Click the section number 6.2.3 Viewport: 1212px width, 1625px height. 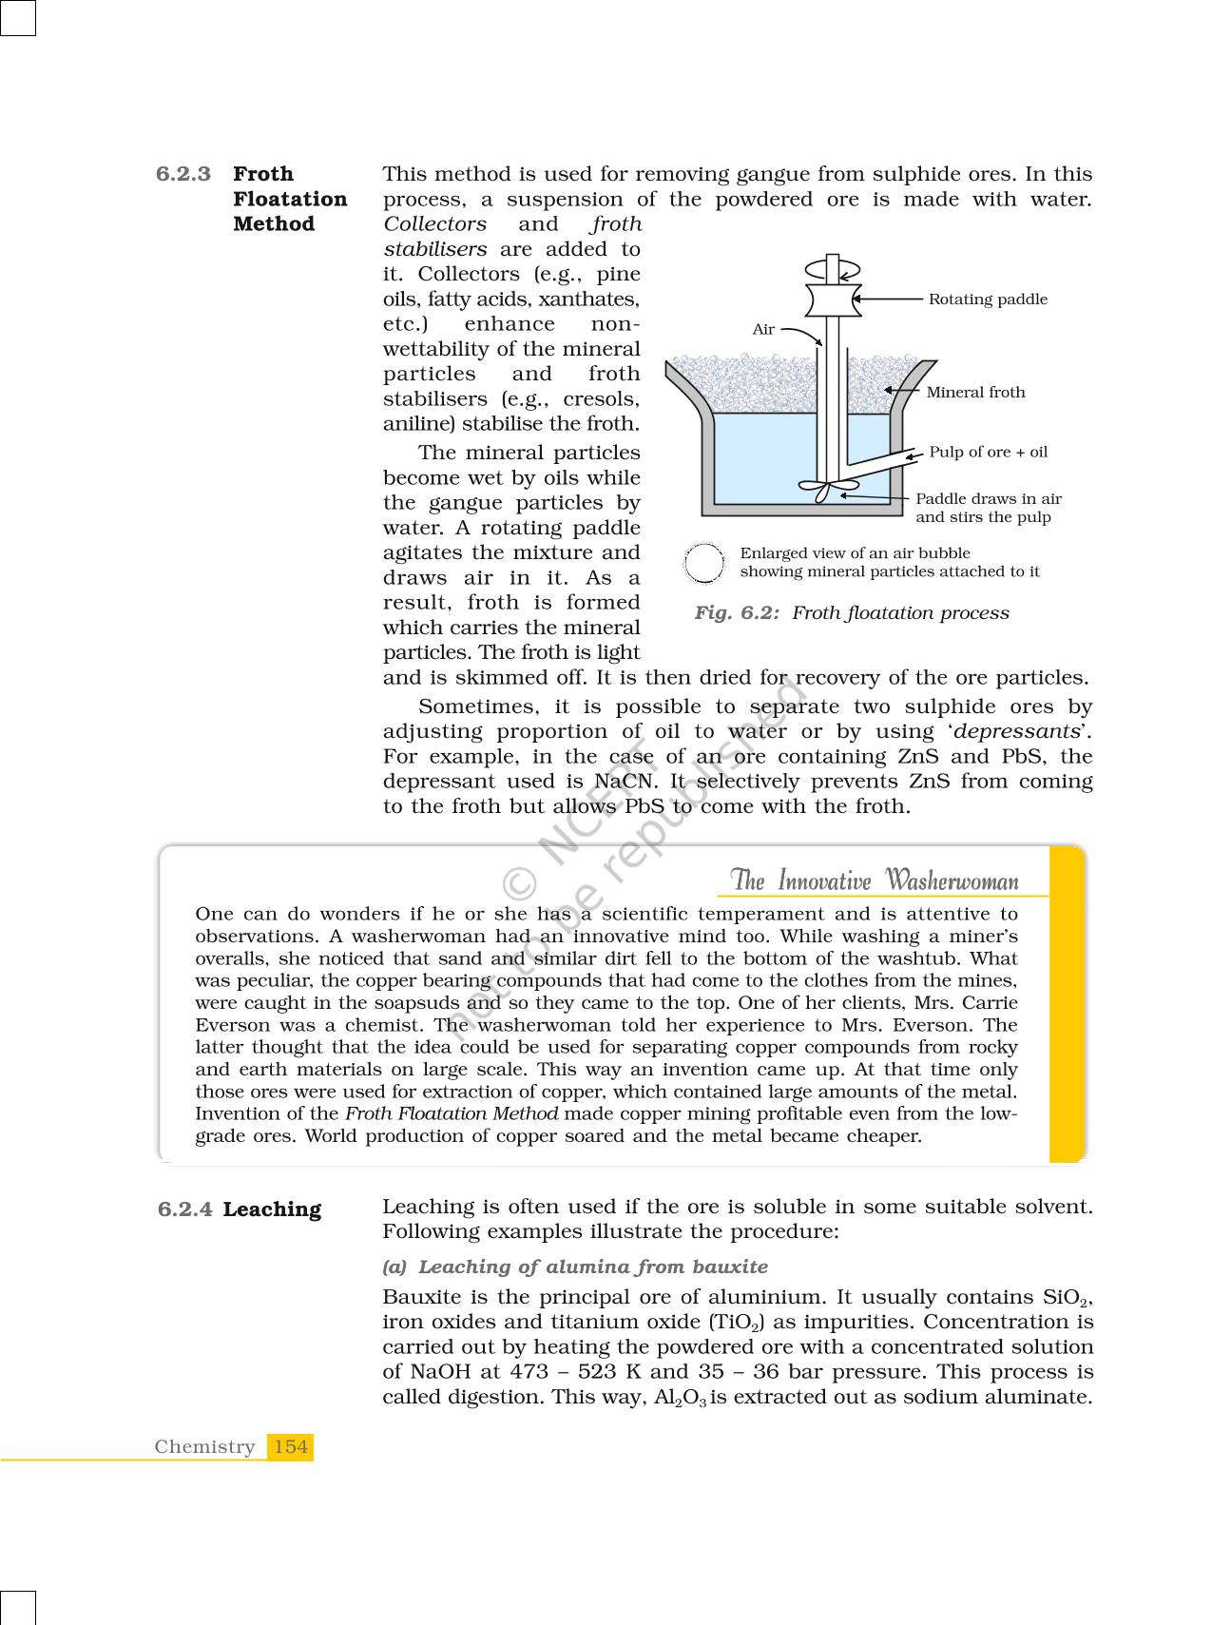tap(183, 174)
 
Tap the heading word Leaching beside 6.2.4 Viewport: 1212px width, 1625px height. tap(272, 1209)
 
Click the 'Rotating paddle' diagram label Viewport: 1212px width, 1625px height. tap(988, 300)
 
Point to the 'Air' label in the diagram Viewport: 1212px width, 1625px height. tap(763, 330)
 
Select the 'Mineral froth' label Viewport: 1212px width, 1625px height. tap(975, 393)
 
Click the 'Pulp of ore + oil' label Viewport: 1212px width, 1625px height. tap(988, 452)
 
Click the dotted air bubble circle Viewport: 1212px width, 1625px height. tap(703, 563)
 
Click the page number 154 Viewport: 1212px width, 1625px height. tap(290, 1447)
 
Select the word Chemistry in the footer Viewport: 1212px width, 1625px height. tap(204, 1447)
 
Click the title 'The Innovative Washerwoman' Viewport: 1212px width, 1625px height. tap(874, 880)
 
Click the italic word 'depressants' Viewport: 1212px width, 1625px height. tap(1017, 732)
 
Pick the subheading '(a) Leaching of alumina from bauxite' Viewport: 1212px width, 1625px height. tap(575, 1267)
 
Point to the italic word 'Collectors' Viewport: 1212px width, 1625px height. tap(434, 224)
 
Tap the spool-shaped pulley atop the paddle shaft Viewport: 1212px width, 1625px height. tap(833, 299)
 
